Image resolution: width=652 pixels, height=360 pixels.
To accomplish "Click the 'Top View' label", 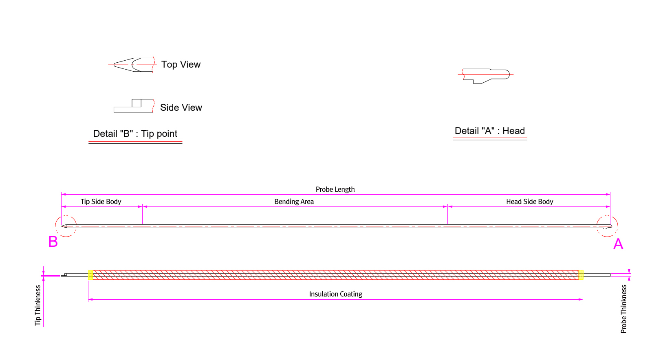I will (x=181, y=64).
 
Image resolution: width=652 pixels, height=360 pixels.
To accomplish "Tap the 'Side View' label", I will (x=181, y=108).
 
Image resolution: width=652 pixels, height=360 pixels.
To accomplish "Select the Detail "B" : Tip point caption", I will (x=135, y=134).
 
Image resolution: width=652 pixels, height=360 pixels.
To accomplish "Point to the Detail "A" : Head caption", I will (x=490, y=131).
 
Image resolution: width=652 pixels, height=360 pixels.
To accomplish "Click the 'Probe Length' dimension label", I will (x=335, y=189).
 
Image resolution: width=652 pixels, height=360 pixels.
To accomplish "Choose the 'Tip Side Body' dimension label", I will (x=101, y=202).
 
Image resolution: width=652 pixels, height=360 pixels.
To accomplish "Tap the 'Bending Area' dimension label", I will (x=294, y=202).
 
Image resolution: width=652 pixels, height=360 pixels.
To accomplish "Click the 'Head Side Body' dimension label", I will (x=529, y=202).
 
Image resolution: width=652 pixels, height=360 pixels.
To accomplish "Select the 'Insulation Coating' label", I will (x=335, y=294).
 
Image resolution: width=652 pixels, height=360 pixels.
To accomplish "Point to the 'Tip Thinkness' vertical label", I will (x=38, y=305).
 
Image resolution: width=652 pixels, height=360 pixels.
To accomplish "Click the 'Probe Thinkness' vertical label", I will (x=623, y=309).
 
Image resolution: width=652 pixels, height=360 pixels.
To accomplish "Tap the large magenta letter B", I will (x=53, y=242).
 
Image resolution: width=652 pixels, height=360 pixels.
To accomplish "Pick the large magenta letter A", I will (x=618, y=244).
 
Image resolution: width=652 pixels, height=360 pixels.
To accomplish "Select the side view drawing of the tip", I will (x=133, y=106).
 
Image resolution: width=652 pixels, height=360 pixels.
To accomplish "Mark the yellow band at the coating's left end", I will (x=90, y=275).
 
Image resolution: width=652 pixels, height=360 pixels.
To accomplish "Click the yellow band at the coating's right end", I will (x=581, y=275).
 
